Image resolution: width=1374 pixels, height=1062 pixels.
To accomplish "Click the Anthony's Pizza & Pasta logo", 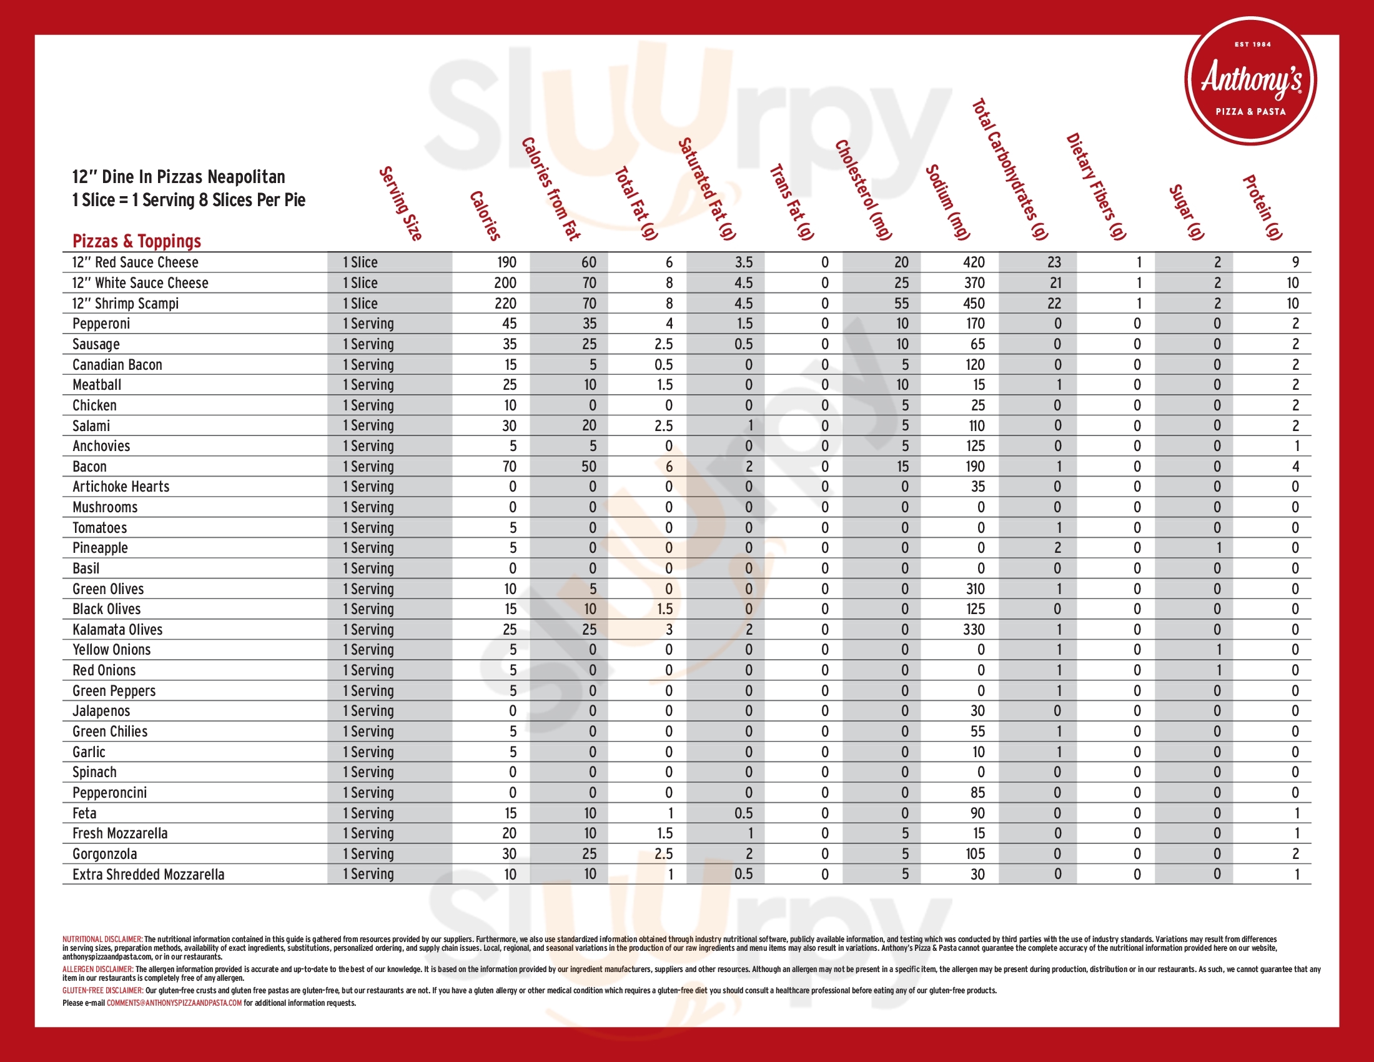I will [1251, 81].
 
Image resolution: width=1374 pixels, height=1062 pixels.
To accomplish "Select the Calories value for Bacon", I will [509, 467].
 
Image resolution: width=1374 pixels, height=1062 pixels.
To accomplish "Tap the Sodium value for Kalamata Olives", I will [974, 630].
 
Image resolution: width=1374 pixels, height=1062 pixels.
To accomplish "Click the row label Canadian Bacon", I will [117, 365].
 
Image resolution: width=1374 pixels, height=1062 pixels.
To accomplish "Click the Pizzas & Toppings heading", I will [137, 241].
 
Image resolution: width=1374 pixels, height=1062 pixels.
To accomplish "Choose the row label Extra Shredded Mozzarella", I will [148, 875].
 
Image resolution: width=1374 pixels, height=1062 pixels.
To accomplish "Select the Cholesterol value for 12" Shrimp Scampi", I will [901, 304].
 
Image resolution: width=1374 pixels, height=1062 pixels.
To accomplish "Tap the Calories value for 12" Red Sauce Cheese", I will [506, 262].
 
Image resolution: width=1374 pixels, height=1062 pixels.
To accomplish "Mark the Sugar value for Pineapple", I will [1218, 548].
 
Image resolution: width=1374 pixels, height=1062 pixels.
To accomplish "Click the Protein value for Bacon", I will [1295, 467].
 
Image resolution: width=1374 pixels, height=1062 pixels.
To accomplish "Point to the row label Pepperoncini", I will [109, 793].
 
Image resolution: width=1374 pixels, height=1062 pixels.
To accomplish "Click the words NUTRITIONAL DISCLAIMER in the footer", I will [102, 940].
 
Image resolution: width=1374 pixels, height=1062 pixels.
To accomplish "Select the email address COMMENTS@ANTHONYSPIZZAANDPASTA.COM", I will [174, 1003].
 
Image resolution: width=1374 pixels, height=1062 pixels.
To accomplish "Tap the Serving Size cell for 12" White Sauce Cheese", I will [360, 283].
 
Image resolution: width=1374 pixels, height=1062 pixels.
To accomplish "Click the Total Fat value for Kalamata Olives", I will [669, 630].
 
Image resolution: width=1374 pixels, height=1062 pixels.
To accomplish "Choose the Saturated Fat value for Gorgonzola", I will [749, 854].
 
